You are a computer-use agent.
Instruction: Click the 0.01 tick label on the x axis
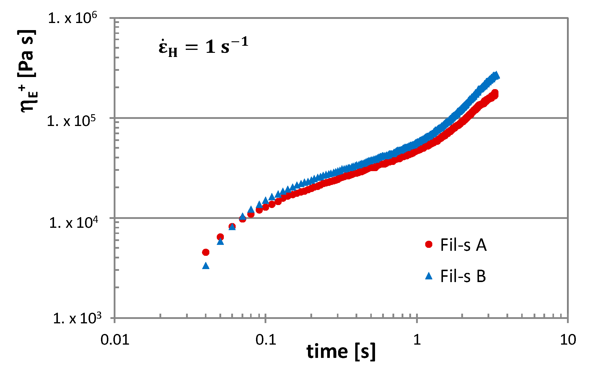pyautogui.click(x=115, y=340)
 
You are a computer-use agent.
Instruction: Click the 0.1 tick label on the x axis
pyautogui.click(x=265, y=340)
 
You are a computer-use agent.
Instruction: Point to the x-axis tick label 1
pyautogui.click(x=417, y=340)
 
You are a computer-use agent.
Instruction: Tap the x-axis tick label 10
pyautogui.click(x=568, y=340)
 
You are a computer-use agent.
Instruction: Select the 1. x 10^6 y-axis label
pyautogui.click(x=72, y=18)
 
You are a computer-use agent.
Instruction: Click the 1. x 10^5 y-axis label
pyautogui.click(x=72, y=121)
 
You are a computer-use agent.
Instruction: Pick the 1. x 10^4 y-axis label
pyautogui.click(x=73, y=222)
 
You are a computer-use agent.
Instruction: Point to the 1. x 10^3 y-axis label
pyautogui.click(x=77, y=318)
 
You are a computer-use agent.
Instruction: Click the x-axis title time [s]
pyautogui.click(x=341, y=352)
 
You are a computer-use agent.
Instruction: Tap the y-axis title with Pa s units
pyautogui.click(x=28, y=71)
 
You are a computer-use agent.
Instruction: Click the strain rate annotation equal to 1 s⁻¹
pyautogui.click(x=203, y=47)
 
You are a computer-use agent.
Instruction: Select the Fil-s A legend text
pyautogui.click(x=463, y=245)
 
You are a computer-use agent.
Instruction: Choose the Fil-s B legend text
pyautogui.click(x=463, y=276)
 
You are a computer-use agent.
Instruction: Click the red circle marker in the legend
pyautogui.click(x=429, y=244)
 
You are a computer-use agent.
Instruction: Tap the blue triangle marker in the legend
pyautogui.click(x=429, y=276)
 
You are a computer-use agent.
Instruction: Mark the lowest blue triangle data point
pyautogui.click(x=206, y=266)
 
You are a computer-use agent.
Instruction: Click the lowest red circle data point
pyautogui.click(x=206, y=252)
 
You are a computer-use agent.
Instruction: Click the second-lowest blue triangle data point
pyautogui.click(x=220, y=241)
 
